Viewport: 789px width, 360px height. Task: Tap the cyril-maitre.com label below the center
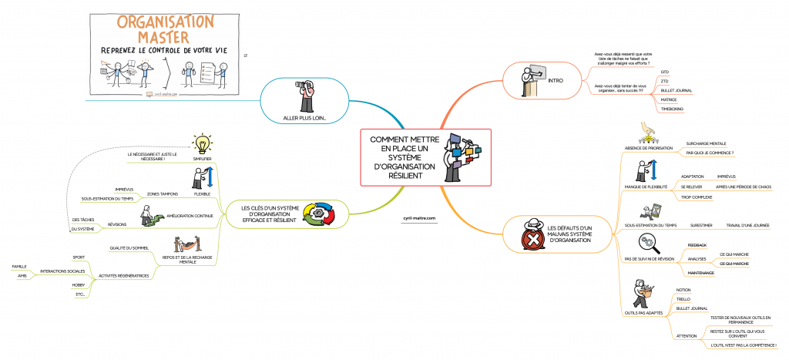(x=419, y=218)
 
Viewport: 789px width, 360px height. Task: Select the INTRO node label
(x=555, y=80)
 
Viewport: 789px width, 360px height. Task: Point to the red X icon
(x=532, y=240)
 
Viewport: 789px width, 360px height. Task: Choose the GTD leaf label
(x=665, y=72)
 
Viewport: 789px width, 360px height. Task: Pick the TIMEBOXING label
(x=673, y=109)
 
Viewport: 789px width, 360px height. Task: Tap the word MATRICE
(x=669, y=99)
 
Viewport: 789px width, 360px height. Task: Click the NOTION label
(x=683, y=289)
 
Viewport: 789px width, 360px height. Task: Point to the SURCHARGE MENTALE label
(x=706, y=143)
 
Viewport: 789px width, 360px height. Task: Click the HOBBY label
(x=79, y=284)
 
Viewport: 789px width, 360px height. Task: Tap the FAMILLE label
(x=19, y=267)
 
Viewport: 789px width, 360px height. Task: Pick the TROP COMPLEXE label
(x=696, y=197)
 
